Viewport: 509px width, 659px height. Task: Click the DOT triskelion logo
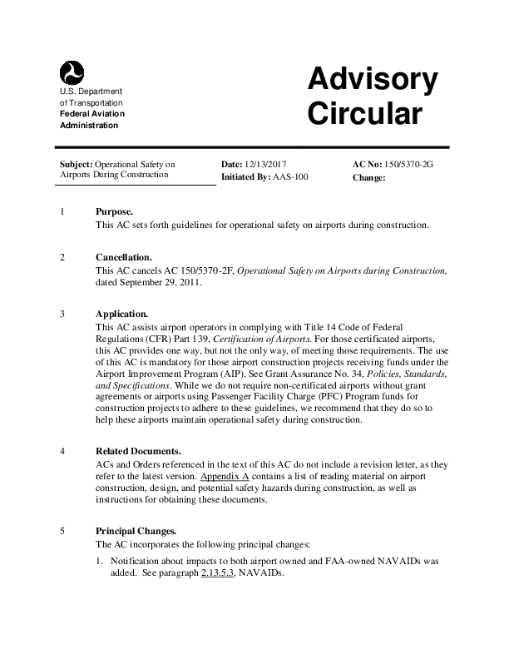click(72, 72)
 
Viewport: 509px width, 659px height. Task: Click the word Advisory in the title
click(372, 80)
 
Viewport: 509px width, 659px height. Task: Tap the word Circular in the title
click(365, 115)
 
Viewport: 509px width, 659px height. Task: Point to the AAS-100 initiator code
click(290, 177)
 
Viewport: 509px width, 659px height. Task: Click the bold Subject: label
click(77, 165)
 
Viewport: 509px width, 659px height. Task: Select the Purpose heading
click(114, 211)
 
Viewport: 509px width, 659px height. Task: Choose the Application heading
click(121, 315)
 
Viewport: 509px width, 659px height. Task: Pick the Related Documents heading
click(137, 452)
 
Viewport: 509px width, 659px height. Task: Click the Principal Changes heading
click(136, 530)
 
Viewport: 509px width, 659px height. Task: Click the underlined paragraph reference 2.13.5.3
click(218, 573)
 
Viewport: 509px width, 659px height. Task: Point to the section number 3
click(63, 315)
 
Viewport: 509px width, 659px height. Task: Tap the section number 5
click(63, 530)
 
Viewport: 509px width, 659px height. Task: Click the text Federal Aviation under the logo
click(91, 113)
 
